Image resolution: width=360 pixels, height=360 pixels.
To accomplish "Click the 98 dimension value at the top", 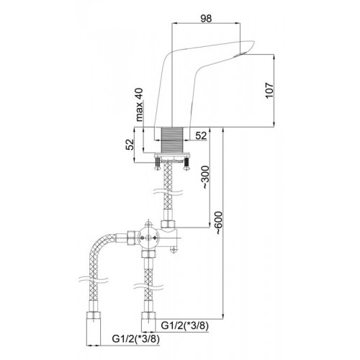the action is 206,19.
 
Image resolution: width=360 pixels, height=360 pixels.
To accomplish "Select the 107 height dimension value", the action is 269,90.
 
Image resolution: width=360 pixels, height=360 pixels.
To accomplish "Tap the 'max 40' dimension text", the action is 139,104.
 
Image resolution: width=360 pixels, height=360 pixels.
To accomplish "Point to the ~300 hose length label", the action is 205,177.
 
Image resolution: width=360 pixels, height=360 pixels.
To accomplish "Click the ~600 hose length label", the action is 219,223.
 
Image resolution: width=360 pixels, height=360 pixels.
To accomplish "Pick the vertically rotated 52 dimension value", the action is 130,145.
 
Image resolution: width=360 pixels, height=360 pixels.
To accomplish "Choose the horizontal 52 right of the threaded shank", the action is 201,136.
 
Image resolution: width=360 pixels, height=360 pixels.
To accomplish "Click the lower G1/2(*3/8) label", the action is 135,339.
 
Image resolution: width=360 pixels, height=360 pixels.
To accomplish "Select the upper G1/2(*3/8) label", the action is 184,325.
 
